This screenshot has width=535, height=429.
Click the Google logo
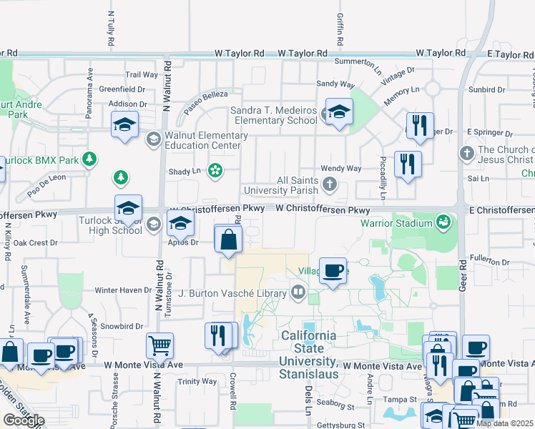click(x=24, y=420)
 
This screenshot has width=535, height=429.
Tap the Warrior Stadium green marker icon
click(x=444, y=222)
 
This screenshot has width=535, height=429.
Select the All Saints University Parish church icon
click(x=330, y=185)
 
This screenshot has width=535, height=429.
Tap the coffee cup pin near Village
click(x=333, y=271)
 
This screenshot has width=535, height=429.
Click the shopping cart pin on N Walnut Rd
click(x=159, y=345)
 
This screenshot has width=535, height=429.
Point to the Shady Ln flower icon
click(x=215, y=170)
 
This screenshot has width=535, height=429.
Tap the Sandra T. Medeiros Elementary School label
click(x=274, y=115)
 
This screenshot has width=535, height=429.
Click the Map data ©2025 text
click(x=504, y=423)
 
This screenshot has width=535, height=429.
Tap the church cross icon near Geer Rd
click(x=466, y=153)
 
